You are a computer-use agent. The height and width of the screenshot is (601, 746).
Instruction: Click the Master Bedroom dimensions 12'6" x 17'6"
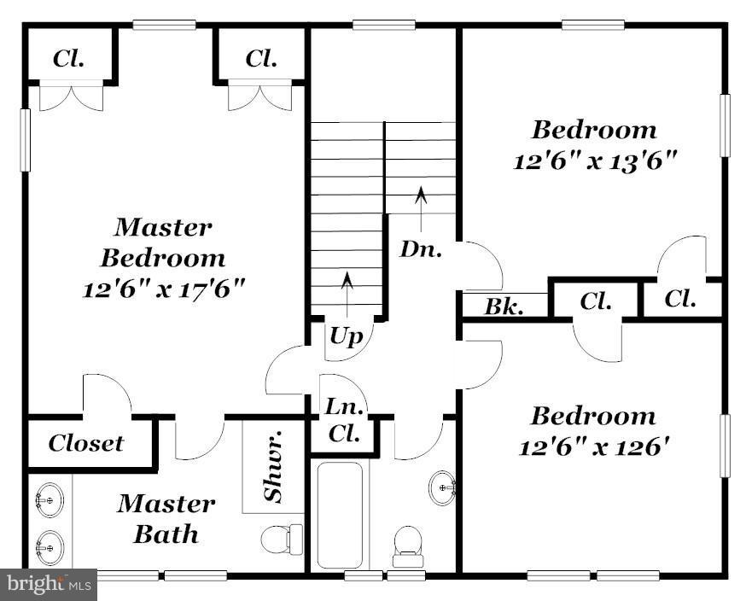click(x=164, y=289)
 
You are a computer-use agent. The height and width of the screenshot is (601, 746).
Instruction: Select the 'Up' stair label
click(x=347, y=336)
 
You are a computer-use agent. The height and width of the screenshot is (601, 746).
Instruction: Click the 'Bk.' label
click(x=505, y=306)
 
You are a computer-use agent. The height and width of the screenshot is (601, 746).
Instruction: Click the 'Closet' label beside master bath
click(x=85, y=444)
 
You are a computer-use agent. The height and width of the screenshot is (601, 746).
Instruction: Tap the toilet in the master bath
click(x=282, y=538)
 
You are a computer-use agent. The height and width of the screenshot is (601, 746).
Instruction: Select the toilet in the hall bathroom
click(x=406, y=545)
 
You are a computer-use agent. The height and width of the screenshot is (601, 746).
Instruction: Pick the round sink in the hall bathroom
click(x=442, y=488)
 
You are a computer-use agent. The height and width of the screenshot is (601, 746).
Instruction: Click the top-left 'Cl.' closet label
click(x=68, y=59)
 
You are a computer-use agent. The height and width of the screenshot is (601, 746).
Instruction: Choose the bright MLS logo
click(x=49, y=585)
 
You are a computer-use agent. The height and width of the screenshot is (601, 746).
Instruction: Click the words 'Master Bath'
click(x=166, y=519)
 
